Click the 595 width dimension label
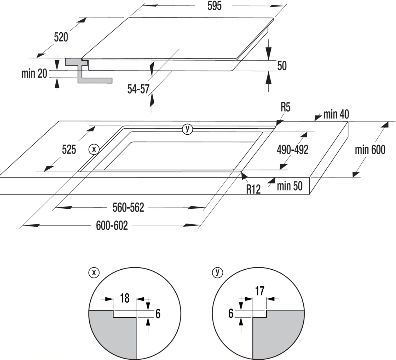tap(214, 6)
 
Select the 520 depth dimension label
tap(61, 37)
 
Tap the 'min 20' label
tap(34, 73)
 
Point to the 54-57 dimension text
tap(138, 89)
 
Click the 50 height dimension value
tap(282, 66)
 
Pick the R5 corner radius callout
tap(285, 108)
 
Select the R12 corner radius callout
tap(254, 189)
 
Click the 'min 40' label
tap(336, 114)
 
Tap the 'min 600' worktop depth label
tap(370, 150)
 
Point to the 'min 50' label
tap(290, 186)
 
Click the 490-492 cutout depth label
tap(292, 150)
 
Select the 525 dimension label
tap(69, 150)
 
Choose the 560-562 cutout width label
tap(128, 208)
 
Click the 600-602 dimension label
tap(112, 226)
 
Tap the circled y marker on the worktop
tap(187, 129)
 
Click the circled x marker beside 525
tap(94, 149)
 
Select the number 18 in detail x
tap(124, 298)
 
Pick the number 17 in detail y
tap(260, 291)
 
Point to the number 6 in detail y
tap(231, 314)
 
